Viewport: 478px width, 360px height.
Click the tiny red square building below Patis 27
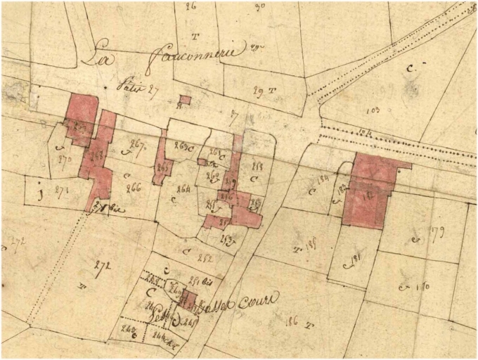184,100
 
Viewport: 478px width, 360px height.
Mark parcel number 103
373,110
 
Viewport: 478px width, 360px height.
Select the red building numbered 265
162,167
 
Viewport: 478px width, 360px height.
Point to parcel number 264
184,188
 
